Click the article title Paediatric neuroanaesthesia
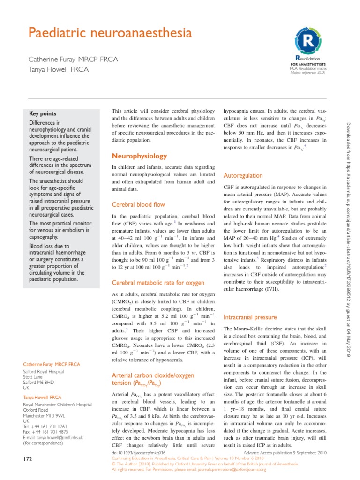(x=111, y=34)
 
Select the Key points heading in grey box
(x=43, y=113)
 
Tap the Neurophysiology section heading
(x=139, y=156)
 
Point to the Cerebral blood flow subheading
(x=138, y=204)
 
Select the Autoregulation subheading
(x=243, y=175)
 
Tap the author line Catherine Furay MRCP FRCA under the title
(x=74, y=59)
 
